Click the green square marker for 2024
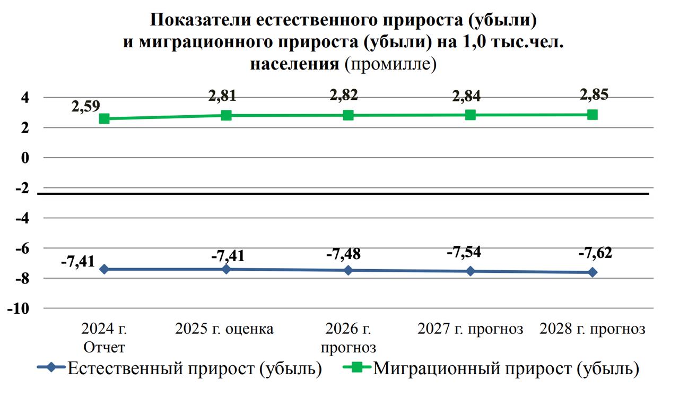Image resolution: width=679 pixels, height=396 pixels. coord(105,119)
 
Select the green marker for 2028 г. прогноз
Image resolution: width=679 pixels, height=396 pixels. coord(593,115)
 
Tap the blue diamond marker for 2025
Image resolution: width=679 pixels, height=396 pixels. coord(227,269)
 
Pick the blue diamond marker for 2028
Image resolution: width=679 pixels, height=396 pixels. coord(593,272)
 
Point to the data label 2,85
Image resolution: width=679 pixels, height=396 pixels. coord(594,94)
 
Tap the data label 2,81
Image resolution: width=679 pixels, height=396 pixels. coord(222,96)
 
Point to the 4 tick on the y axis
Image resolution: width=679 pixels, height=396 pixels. coord(24,98)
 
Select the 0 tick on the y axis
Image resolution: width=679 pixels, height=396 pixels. coord(24,158)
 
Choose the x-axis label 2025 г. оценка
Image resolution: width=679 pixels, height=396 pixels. coord(224,329)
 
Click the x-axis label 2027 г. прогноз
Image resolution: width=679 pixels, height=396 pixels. coord(471,329)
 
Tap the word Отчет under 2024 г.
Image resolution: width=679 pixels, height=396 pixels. coord(105,348)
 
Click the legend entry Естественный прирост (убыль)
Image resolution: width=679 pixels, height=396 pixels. coord(194,368)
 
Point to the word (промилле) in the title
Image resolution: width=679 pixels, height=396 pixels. coord(390,64)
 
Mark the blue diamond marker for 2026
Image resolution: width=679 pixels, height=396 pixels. coord(349,270)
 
